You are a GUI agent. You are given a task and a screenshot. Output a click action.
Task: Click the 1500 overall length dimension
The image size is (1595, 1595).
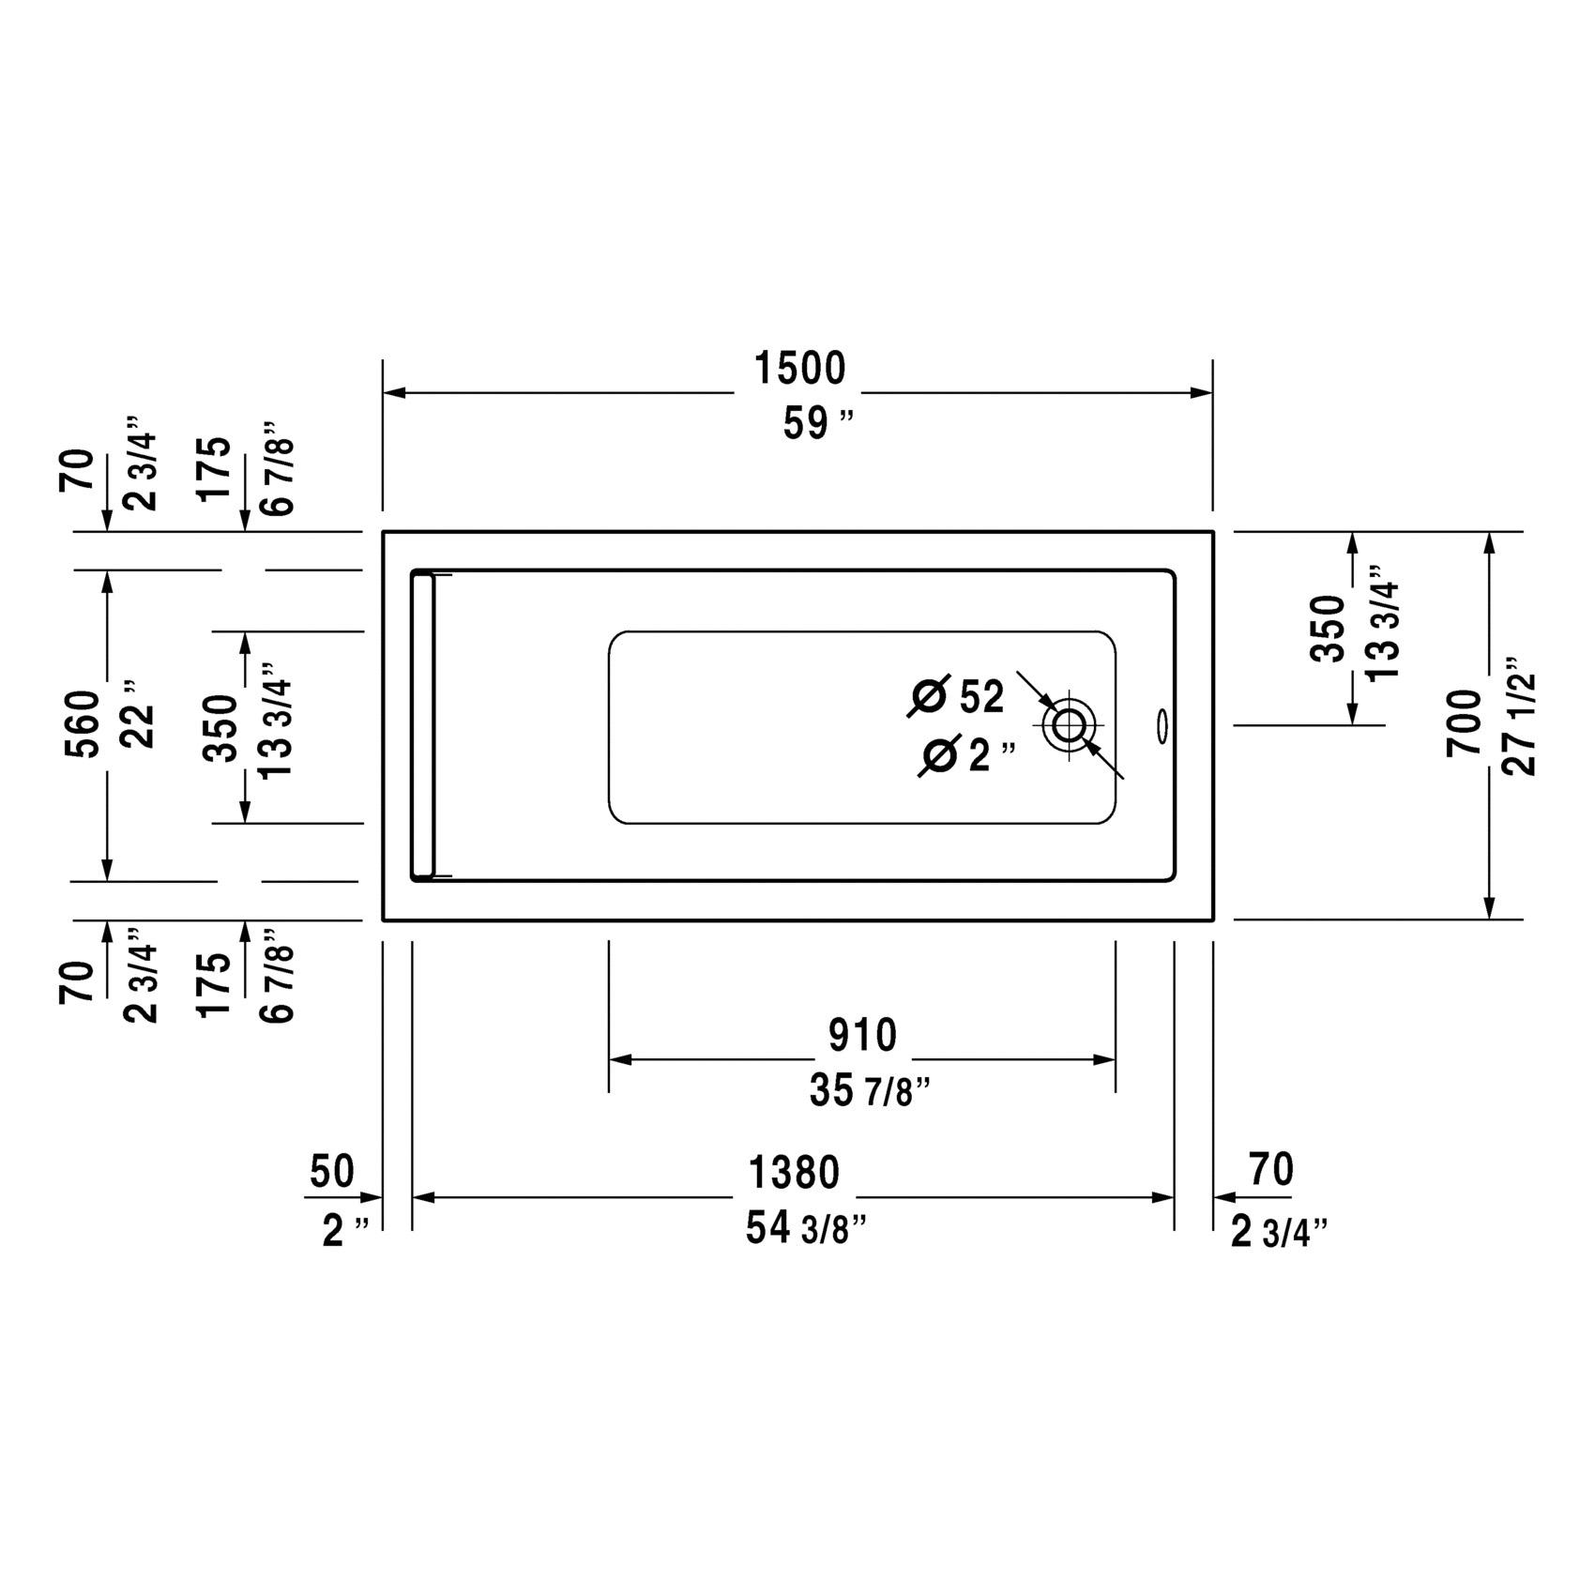800,369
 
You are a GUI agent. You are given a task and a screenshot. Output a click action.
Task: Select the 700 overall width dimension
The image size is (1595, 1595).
1464,723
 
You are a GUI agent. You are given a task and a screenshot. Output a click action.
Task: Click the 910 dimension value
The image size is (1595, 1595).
862,1036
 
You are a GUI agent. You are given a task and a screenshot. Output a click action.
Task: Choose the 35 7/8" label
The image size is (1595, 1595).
870,1091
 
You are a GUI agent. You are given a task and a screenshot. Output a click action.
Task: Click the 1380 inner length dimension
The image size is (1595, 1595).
794,1173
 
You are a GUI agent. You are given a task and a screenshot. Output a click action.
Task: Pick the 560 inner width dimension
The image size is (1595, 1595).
82,724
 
